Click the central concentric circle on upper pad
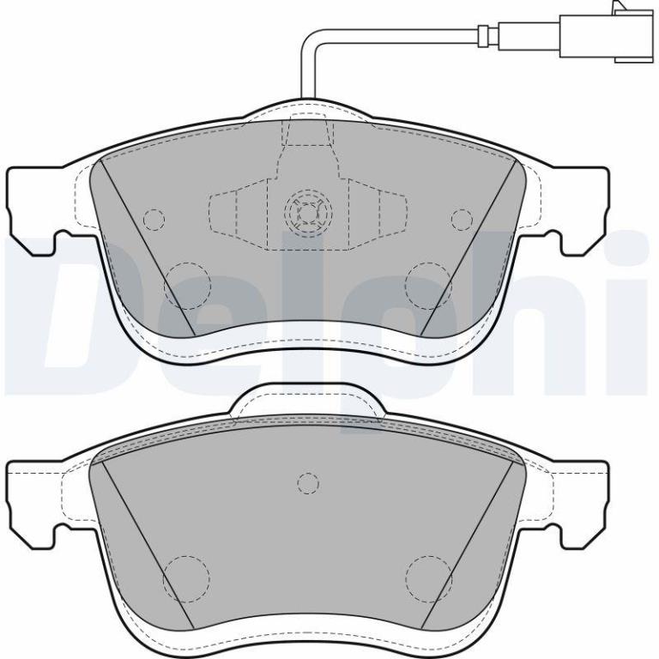[x=309, y=210]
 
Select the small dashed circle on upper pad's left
[x=154, y=220]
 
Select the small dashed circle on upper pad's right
[x=462, y=219]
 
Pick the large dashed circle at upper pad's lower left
[x=186, y=286]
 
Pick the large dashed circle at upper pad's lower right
[x=429, y=286]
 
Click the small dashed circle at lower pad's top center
[x=308, y=483]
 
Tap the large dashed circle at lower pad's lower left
[x=186, y=579]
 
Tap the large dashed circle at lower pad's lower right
[x=429, y=579]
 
